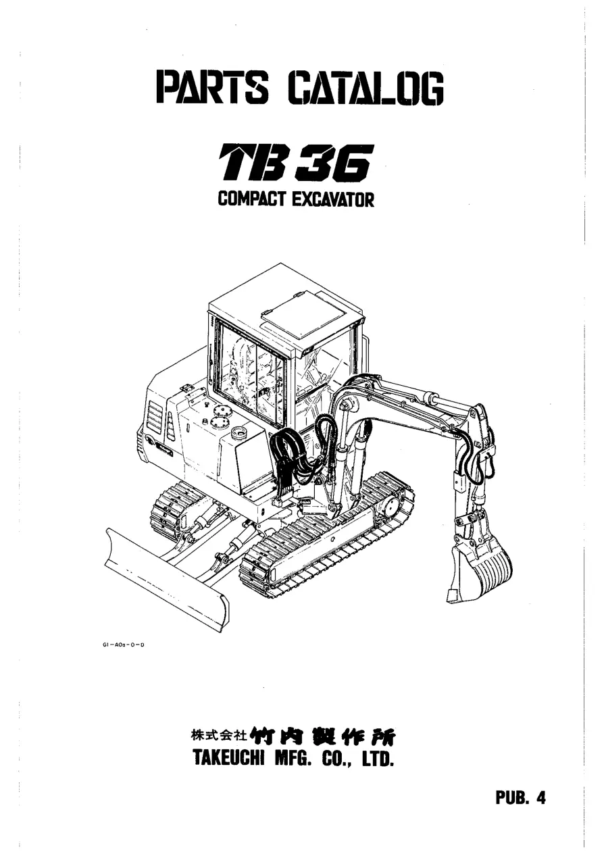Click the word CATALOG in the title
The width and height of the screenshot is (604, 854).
click(366, 88)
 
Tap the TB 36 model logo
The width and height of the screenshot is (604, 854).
click(294, 163)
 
